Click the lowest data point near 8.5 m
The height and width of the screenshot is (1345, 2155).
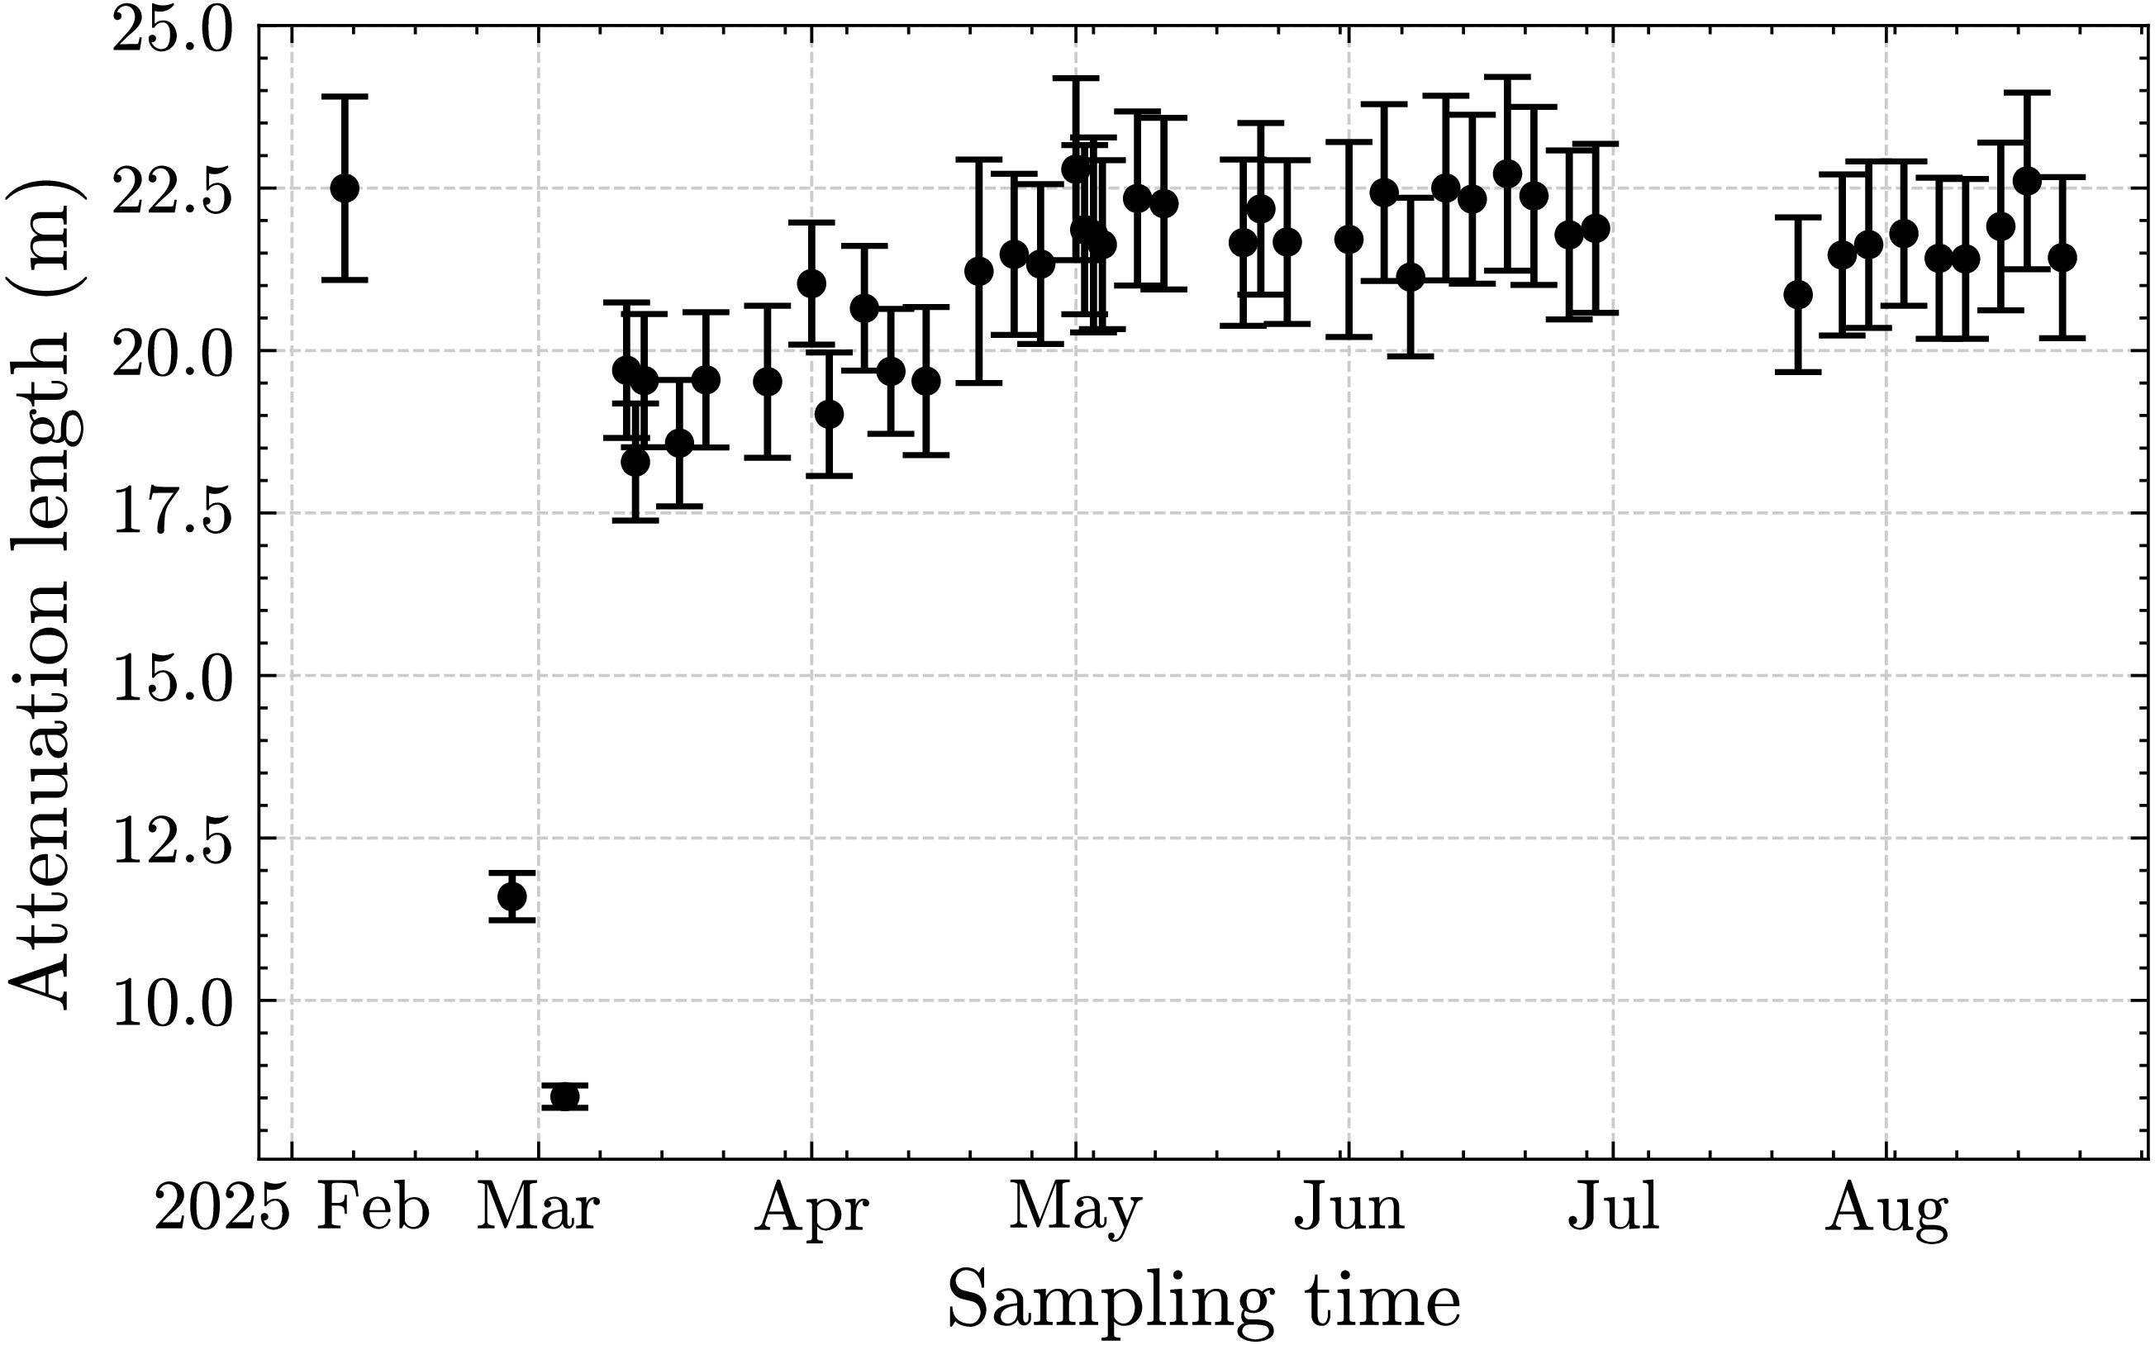564,1096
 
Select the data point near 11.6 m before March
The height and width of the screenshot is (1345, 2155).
511,896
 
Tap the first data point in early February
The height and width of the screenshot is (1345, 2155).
345,188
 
